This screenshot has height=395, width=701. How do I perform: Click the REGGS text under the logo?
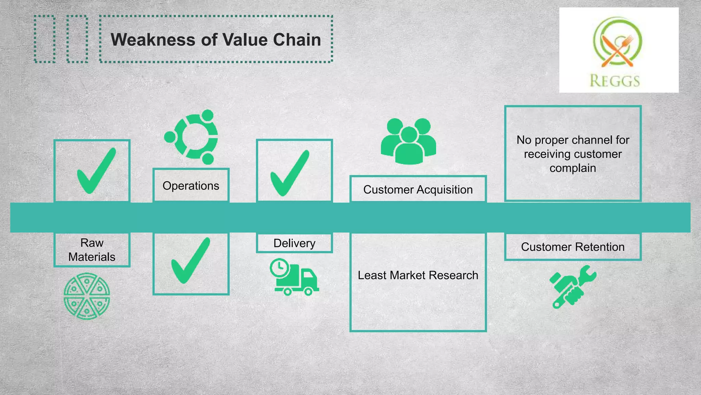[615, 81]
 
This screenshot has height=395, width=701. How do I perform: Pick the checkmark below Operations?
[190, 261]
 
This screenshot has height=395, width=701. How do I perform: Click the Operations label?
[191, 186]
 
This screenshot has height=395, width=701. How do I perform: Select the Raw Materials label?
[92, 250]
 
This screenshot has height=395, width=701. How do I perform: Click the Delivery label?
[294, 243]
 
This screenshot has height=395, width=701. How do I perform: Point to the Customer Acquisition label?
[418, 190]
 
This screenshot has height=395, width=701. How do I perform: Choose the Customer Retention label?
[573, 247]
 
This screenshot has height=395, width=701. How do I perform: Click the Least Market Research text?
[418, 275]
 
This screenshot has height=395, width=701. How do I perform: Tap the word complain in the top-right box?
[573, 168]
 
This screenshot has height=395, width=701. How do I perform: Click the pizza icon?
[87, 296]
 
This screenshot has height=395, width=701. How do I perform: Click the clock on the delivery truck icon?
[279, 267]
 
